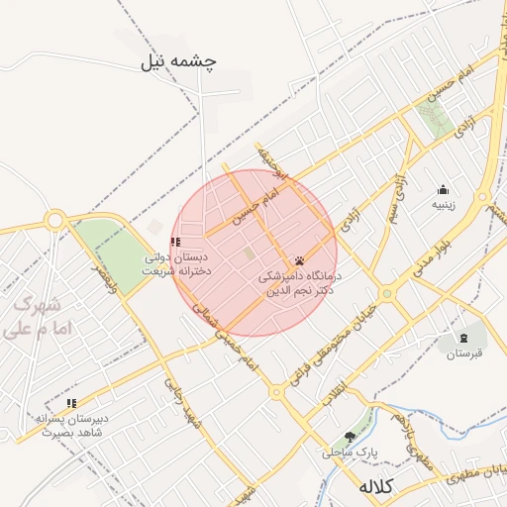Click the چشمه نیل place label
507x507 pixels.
pyautogui.click(x=179, y=61)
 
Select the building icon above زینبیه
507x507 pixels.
pyautogui.click(x=443, y=190)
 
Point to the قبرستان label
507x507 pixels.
pyautogui.click(x=463, y=353)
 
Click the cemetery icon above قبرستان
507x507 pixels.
pyautogui.click(x=462, y=338)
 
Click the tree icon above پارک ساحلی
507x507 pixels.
pyautogui.click(x=350, y=436)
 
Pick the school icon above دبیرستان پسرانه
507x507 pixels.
pyautogui.click(x=71, y=403)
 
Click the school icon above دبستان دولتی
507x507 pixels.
pyautogui.click(x=175, y=242)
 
